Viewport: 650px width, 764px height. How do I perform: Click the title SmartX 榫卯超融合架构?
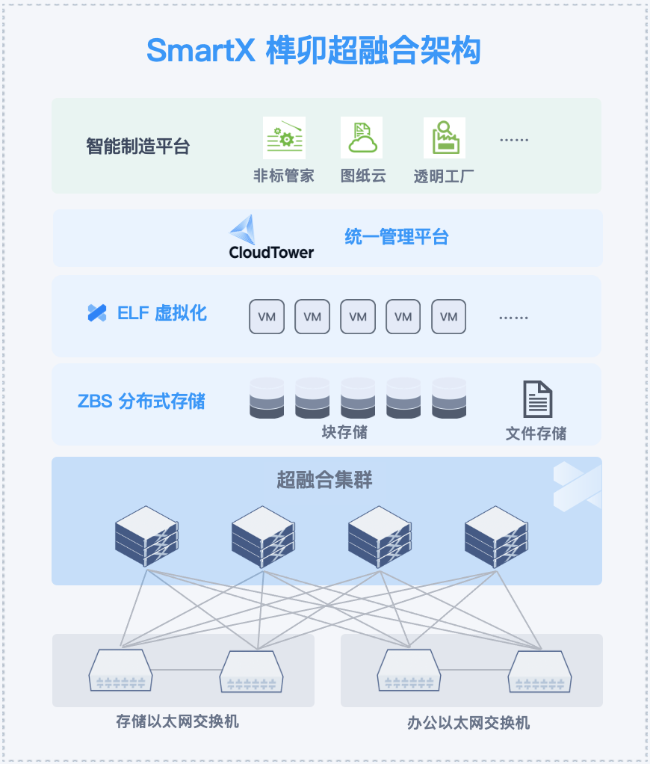coord(313,51)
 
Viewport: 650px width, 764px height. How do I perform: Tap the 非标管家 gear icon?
coord(284,138)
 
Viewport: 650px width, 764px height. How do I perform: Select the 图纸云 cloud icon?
coord(362,138)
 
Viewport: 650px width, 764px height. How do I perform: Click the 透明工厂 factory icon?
coord(444,138)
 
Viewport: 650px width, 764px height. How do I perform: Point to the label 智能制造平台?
coord(137,146)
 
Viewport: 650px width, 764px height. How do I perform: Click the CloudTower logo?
coord(271,238)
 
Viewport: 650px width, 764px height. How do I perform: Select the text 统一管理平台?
coord(397,238)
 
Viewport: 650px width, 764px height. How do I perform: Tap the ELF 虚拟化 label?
coord(147,313)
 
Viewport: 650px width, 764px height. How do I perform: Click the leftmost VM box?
coord(267,316)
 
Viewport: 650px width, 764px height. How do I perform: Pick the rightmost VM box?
coord(448,316)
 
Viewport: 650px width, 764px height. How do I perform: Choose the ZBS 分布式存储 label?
coord(141,401)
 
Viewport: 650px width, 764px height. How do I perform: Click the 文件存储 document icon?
coord(537,399)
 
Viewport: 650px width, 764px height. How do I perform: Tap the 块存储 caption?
coord(344,432)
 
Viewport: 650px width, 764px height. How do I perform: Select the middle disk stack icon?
coord(358,398)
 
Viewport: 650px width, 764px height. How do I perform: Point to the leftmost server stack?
coord(147,536)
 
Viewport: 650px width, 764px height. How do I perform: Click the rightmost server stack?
coord(497,536)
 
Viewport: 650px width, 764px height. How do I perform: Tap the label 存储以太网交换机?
coord(177,721)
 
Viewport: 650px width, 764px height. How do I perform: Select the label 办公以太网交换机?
coord(468,723)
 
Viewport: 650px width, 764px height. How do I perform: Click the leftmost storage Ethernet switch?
coord(120,670)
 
